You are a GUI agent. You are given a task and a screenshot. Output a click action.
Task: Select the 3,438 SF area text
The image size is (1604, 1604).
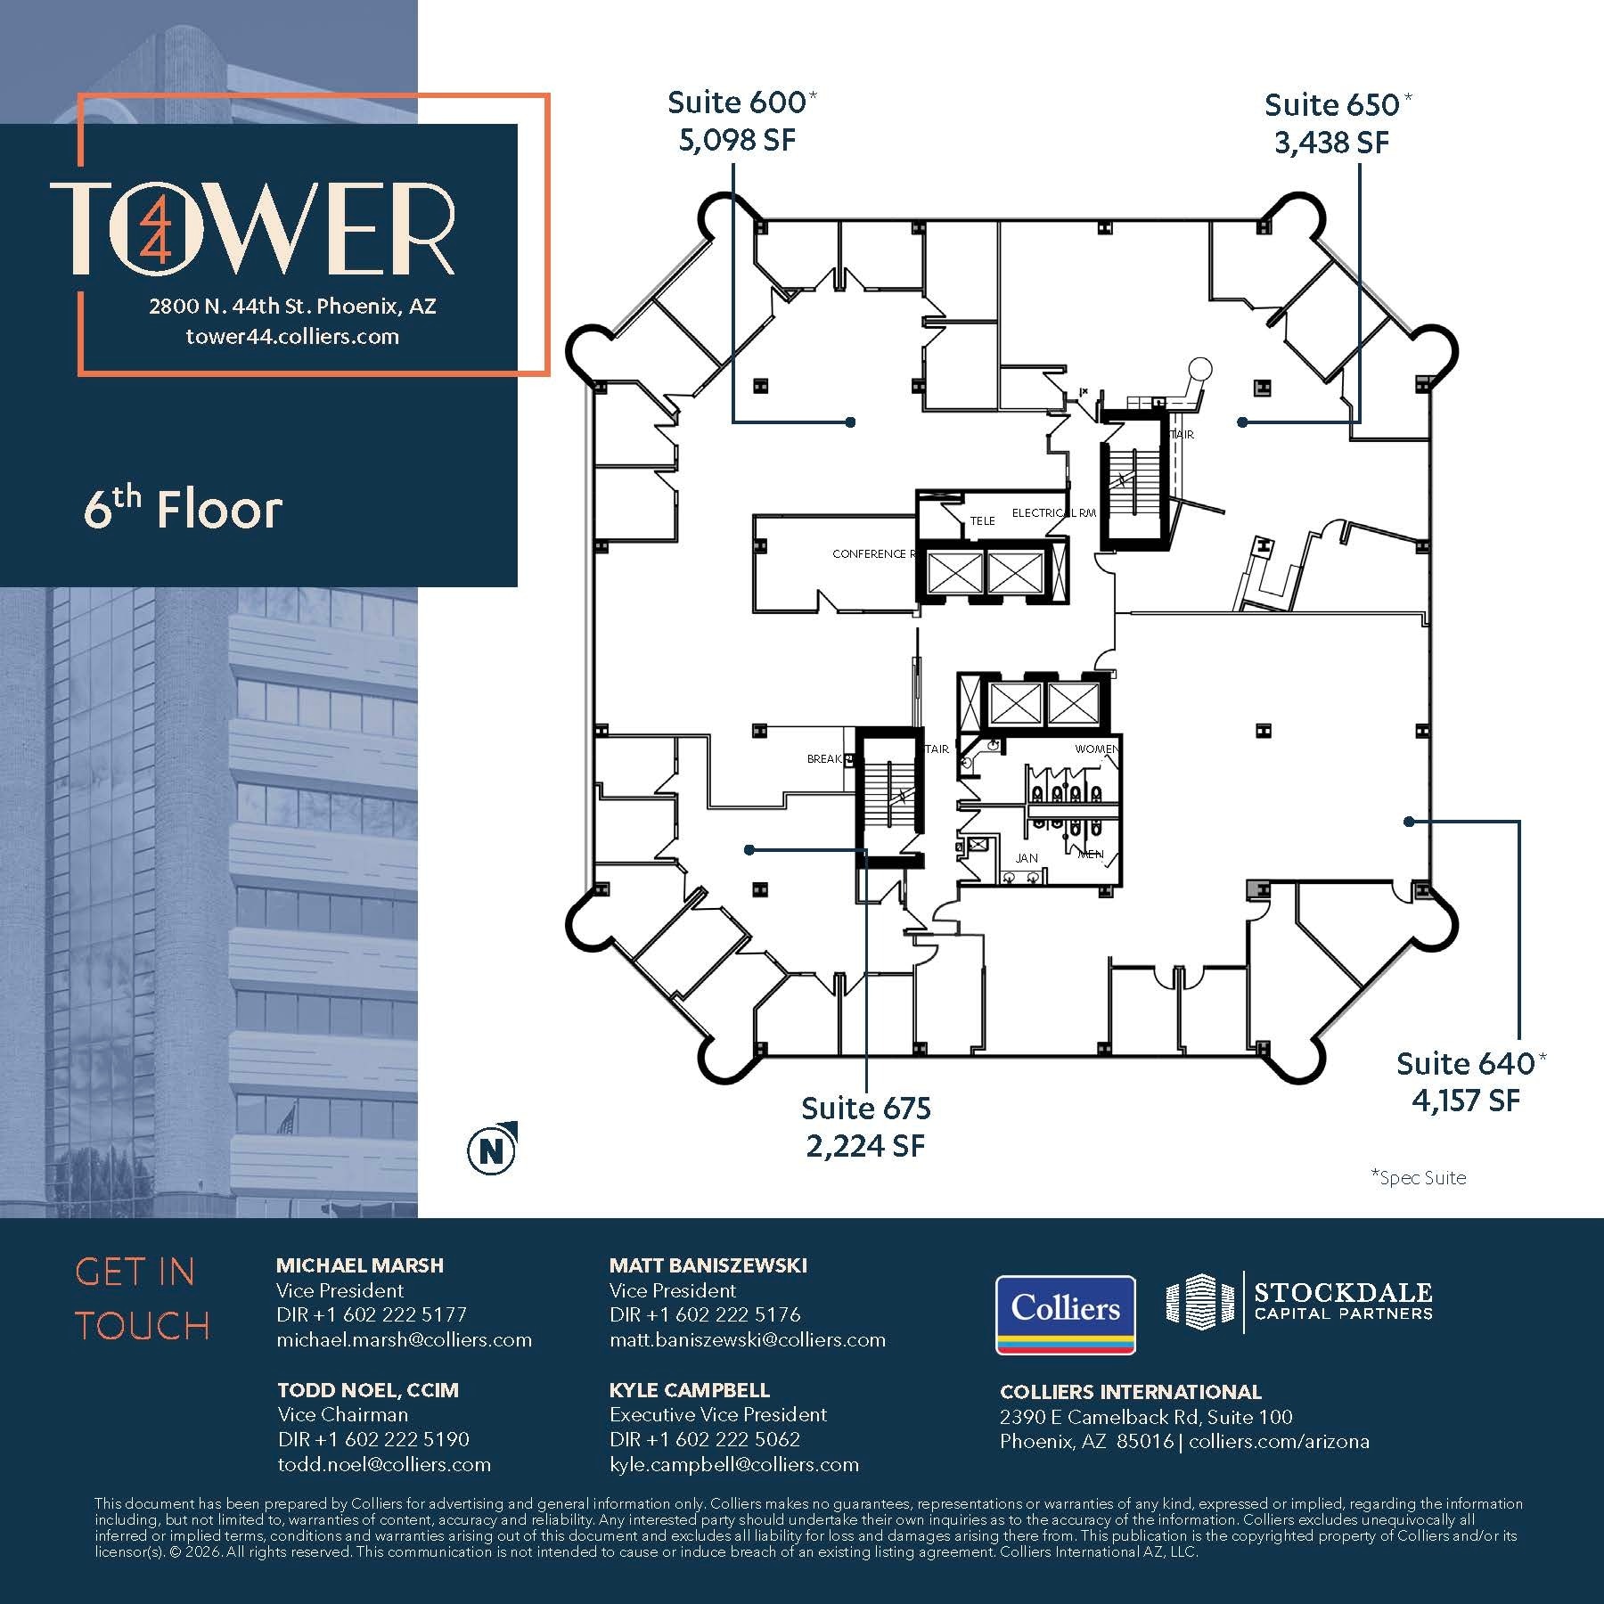click(x=1331, y=143)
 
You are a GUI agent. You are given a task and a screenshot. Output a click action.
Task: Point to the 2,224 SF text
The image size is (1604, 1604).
click(x=865, y=1146)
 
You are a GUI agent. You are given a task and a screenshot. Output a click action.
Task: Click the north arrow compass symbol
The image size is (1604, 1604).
click(x=492, y=1150)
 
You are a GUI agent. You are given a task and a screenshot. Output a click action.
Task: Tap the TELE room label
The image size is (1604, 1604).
click(x=982, y=521)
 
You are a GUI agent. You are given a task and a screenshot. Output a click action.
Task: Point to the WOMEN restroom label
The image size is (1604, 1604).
click(x=1096, y=749)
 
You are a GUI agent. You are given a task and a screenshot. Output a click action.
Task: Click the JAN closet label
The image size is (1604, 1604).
click(x=1027, y=858)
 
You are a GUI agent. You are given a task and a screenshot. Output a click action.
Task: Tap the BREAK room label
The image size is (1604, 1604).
click(x=824, y=759)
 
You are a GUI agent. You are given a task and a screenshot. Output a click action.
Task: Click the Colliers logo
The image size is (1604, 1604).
click(x=1065, y=1314)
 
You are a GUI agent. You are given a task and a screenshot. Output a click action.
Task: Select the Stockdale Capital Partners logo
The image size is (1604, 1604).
click(x=1300, y=1301)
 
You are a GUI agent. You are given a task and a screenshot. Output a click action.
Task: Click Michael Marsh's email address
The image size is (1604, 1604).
click(x=404, y=1340)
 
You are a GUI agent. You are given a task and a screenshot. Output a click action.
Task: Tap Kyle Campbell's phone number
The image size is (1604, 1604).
click(x=705, y=1439)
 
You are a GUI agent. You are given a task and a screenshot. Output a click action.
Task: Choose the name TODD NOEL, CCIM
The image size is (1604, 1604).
click(x=368, y=1390)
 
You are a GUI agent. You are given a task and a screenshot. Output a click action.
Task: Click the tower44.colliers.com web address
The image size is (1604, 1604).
click(x=292, y=337)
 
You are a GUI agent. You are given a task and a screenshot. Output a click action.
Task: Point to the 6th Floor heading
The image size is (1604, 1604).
click(x=183, y=510)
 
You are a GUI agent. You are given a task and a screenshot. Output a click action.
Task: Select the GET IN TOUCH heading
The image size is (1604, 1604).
click(x=143, y=1299)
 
